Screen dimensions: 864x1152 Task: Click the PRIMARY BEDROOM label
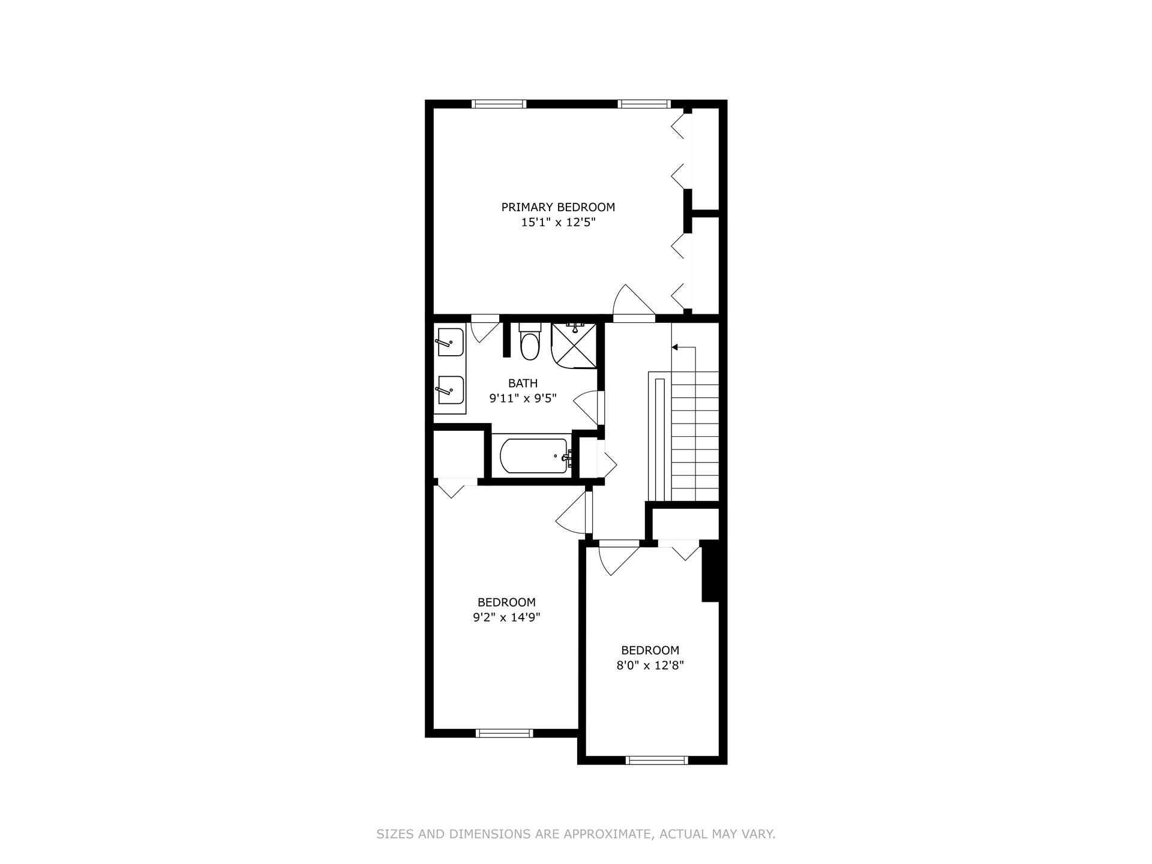click(x=558, y=208)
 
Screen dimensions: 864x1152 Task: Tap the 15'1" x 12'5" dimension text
click(x=558, y=223)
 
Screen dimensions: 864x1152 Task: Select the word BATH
click(x=523, y=383)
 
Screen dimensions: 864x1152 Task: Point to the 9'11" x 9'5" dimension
click(x=523, y=398)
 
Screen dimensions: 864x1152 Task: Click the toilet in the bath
click(x=529, y=343)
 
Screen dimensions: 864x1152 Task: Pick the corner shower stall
click(x=574, y=345)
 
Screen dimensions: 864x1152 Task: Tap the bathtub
click(x=533, y=456)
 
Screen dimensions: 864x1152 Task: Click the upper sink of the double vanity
click(x=450, y=343)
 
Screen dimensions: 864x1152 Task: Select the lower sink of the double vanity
click(x=450, y=391)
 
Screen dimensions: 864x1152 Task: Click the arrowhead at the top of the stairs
click(x=674, y=347)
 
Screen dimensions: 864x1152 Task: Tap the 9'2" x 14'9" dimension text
click(x=506, y=617)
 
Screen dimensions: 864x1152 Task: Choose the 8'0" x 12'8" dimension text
click(x=650, y=665)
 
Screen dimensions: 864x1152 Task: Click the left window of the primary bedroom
click(x=499, y=104)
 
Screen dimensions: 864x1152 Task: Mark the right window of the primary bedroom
click(x=644, y=104)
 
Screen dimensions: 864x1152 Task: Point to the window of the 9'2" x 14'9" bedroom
click(x=504, y=733)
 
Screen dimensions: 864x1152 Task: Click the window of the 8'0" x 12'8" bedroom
click(x=656, y=760)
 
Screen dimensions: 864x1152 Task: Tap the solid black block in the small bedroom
click(x=710, y=571)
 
